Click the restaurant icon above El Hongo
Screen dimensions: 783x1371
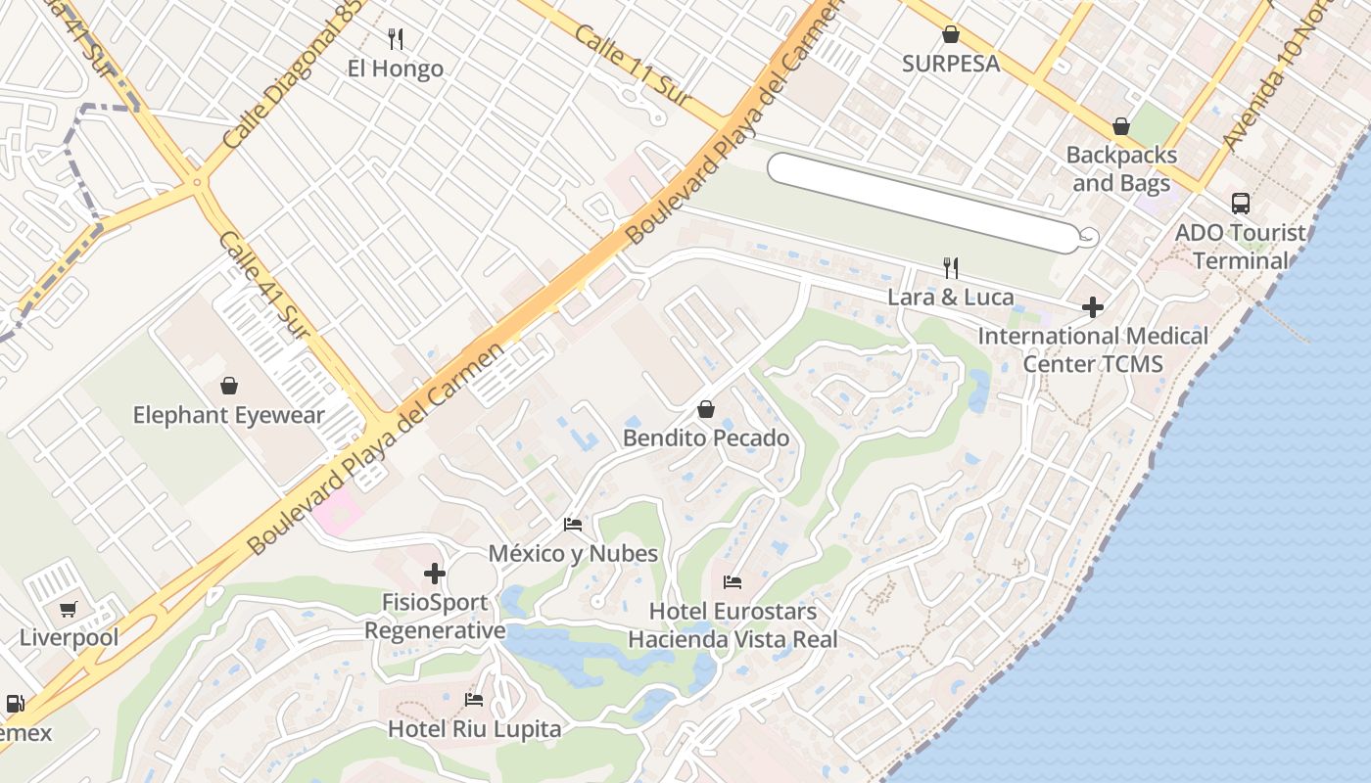point(396,39)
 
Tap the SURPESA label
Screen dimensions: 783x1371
point(950,64)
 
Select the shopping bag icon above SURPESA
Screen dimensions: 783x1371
point(950,35)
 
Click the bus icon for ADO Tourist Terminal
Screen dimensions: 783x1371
point(1241,204)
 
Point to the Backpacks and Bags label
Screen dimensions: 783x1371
point(1121,168)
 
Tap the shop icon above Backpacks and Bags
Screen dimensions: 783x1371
point(1121,127)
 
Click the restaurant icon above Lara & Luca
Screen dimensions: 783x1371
point(950,267)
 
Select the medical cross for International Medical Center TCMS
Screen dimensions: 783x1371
point(1093,307)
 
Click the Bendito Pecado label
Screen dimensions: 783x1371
point(706,438)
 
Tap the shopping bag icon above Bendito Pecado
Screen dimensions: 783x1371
point(706,409)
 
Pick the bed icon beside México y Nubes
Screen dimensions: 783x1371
point(573,525)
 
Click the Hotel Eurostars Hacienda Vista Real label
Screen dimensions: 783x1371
point(733,625)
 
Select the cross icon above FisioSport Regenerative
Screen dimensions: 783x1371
point(435,573)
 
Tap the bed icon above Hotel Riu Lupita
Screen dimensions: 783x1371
point(474,700)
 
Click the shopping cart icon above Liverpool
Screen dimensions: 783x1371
point(68,610)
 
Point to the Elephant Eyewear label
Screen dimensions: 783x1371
point(228,415)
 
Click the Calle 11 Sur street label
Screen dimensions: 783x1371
point(632,67)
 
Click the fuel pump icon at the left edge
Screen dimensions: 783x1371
point(15,704)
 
